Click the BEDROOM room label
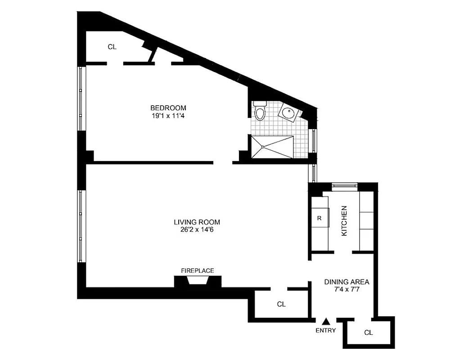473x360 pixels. tap(168, 108)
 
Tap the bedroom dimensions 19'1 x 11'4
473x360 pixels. tap(168, 115)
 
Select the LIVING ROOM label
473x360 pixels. tap(197, 222)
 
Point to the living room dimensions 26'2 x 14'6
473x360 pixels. tap(197, 229)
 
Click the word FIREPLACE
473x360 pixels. tap(197, 270)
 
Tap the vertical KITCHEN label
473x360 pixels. tap(344, 221)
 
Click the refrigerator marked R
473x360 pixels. tap(319, 219)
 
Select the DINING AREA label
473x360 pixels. tap(347, 282)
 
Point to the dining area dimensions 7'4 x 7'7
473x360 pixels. tap(347, 290)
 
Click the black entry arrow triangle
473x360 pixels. tap(327, 321)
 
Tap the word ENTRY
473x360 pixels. tap(326, 330)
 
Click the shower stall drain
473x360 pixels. tap(262, 147)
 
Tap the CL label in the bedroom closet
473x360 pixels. tap(112, 46)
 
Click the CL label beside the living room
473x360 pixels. tap(281, 304)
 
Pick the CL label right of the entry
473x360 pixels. tap(368, 333)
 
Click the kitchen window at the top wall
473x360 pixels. tap(344, 184)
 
